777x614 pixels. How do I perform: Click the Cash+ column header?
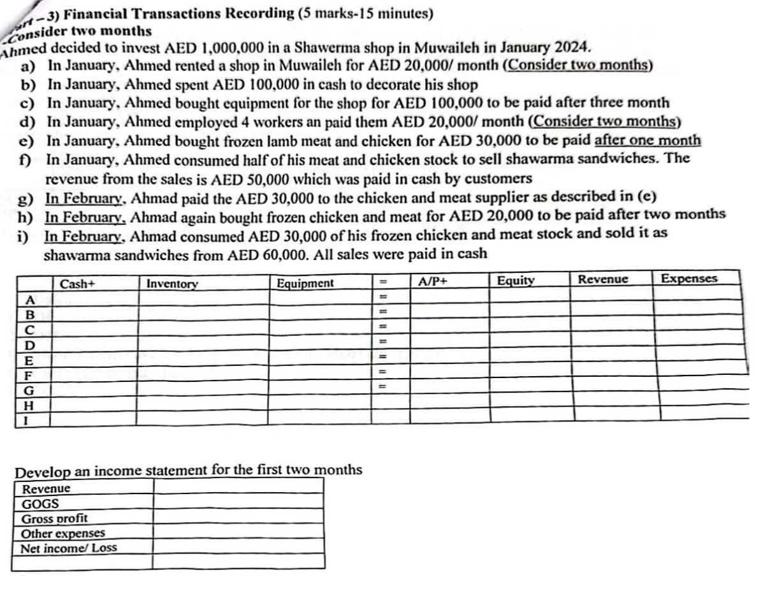(77, 284)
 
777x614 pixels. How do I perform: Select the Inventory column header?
(172, 284)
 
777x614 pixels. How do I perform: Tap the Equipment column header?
(305, 283)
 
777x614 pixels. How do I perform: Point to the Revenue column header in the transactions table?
(602, 279)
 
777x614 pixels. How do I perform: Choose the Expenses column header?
(689, 279)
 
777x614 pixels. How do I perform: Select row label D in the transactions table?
(28, 346)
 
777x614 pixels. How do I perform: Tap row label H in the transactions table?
(28, 405)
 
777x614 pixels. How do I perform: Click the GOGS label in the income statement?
(36, 504)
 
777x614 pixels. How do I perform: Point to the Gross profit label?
(55, 518)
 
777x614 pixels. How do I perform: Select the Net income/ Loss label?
(69, 548)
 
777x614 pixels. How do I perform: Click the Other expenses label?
(63, 533)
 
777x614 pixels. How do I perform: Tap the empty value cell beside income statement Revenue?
(238, 488)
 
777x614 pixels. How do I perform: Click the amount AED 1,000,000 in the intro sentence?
(208, 49)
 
